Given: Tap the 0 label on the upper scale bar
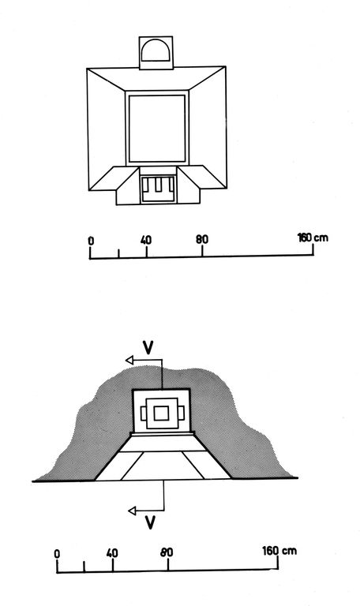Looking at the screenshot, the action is click(91, 241).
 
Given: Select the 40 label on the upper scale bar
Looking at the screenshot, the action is click(146, 240).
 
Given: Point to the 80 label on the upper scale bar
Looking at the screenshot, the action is click(202, 240).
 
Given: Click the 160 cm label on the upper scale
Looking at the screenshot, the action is click(313, 238).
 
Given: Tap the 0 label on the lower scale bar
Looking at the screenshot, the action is click(57, 554).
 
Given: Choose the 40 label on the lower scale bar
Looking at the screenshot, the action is click(112, 553).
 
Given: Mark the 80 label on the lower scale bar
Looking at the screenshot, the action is click(167, 552).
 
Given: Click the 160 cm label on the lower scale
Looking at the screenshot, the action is click(279, 550).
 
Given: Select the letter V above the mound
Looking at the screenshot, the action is click(148, 347).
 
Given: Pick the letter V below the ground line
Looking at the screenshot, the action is click(150, 522).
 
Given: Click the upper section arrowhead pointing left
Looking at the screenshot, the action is click(129, 360).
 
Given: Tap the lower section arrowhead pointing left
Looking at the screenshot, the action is click(132, 511).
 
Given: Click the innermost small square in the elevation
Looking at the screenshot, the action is click(161, 413).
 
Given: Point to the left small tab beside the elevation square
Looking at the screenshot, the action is click(144, 413).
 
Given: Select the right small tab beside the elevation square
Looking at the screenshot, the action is click(181, 413).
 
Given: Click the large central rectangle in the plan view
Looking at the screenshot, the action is click(157, 129).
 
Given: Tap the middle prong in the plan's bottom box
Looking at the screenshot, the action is click(159, 185).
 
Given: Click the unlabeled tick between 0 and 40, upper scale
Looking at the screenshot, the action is click(118, 253).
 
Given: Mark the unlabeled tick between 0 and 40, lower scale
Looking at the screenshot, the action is click(84, 567).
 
